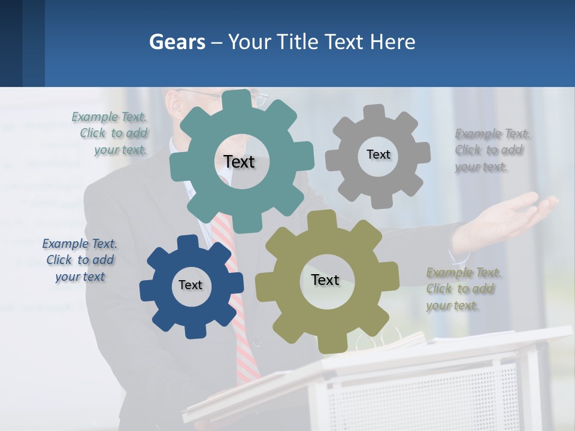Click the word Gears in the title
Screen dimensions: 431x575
[177, 42]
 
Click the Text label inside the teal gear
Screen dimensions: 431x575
[239, 162]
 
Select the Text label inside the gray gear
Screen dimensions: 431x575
[378, 154]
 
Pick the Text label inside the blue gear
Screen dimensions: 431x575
[190, 285]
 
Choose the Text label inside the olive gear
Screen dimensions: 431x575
[325, 280]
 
